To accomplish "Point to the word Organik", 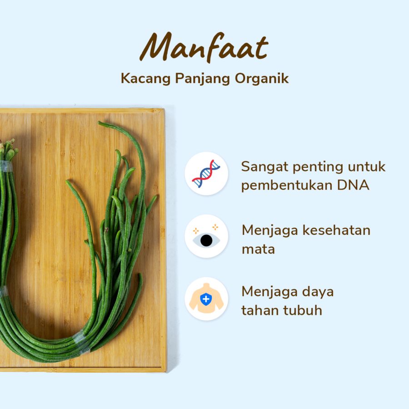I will (x=262, y=79).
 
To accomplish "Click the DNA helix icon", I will (x=206, y=174).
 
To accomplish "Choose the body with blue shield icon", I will (x=206, y=299).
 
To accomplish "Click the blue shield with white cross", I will (x=205, y=299).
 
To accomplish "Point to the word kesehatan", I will (x=325, y=230).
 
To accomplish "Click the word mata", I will (x=258, y=249).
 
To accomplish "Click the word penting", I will (x=314, y=167).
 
